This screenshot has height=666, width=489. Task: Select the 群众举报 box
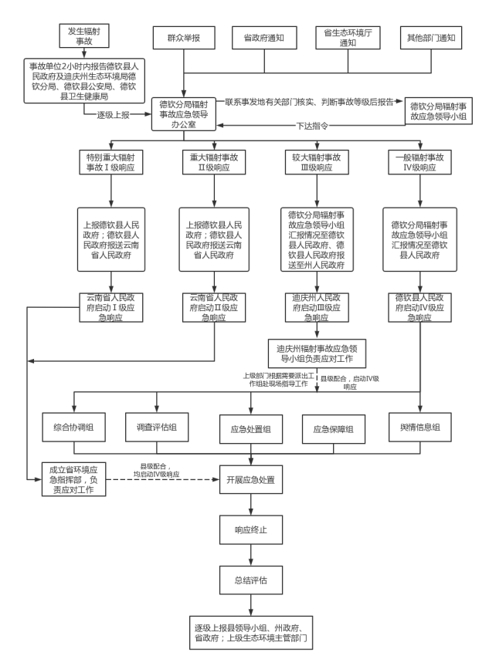coord(185,37)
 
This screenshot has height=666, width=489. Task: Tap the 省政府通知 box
coord(265,37)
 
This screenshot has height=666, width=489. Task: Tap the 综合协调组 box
coord(74,428)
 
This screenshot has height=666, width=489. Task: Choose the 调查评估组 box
coord(158,428)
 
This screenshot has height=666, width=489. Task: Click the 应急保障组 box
coord(333,429)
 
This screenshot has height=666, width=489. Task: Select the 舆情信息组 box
coord(419,428)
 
